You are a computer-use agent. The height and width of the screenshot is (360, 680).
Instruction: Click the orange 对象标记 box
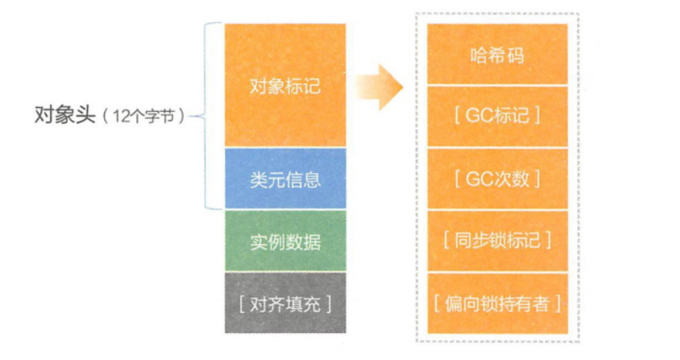coord(285,85)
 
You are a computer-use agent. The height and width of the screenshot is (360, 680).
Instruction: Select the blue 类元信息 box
coord(285,179)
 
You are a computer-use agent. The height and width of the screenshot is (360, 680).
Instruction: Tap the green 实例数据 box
coord(285,241)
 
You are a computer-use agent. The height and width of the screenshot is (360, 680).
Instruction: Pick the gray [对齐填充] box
coord(285,302)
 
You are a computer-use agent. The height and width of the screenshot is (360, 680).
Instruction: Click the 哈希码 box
coord(498,55)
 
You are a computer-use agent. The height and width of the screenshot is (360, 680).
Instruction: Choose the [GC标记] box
coord(498,116)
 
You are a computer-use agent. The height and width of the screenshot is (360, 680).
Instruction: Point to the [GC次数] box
coord(498,178)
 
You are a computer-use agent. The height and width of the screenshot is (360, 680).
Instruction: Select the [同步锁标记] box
coord(498,240)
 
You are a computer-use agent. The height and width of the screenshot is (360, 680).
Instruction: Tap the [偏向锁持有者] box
coord(498,302)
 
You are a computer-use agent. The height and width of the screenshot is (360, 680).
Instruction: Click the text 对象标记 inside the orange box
coord(285,85)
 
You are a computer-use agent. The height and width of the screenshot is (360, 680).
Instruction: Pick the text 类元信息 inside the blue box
coord(285,179)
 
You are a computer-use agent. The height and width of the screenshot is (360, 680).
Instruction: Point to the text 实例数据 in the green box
coord(285,241)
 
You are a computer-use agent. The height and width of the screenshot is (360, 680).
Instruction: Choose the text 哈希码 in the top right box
coord(498,55)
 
